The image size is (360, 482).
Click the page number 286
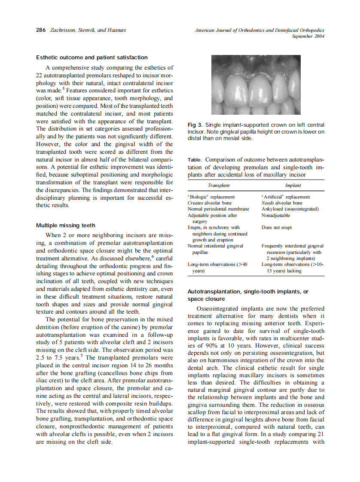point(41,31)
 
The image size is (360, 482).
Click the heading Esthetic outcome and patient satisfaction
point(92,58)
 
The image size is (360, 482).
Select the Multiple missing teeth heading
point(66,226)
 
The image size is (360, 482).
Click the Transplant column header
point(219,186)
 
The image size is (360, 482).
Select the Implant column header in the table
point(293,186)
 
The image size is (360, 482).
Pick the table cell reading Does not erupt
point(276,228)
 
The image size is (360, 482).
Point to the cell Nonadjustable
point(275,215)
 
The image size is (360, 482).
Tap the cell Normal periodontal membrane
point(218,209)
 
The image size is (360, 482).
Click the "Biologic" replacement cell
point(211,197)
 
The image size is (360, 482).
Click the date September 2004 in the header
point(308,37)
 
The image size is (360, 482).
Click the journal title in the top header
point(259,31)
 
